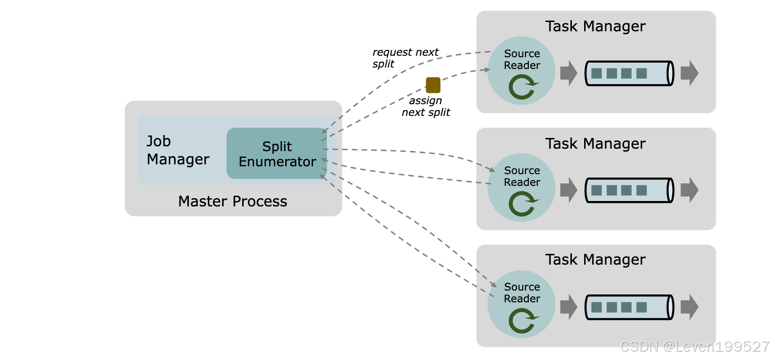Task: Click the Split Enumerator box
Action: pyautogui.click(x=276, y=154)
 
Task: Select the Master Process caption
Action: pyautogui.click(x=232, y=202)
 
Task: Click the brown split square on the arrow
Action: pyautogui.click(x=433, y=85)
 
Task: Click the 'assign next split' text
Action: pyautogui.click(x=426, y=106)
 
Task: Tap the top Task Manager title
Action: pyautogui.click(x=595, y=26)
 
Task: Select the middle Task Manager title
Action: pyautogui.click(x=595, y=144)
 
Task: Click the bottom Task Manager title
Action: pyautogui.click(x=595, y=260)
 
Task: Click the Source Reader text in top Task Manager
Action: pyautogui.click(x=522, y=59)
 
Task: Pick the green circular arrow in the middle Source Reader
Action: pyautogui.click(x=522, y=204)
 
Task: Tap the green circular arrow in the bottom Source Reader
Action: pyautogui.click(x=522, y=321)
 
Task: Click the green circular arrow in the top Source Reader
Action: pyautogui.click(x=522, y=88)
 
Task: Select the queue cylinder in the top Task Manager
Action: pyautogui.click(x=629, y=73)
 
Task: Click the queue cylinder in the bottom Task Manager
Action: pyautogui.click(x=629, y=307)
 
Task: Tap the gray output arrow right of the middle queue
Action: pyautogui.click(x=689, y=190)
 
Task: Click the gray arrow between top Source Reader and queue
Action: pyautogui.click(x=568, y=73)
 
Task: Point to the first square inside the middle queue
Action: pyautogui.click(x=596, y=190)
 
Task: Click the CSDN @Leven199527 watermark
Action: pyautogui.click(x=694, y=346)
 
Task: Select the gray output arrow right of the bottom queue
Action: pyautogui.click(x=689, y=307)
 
